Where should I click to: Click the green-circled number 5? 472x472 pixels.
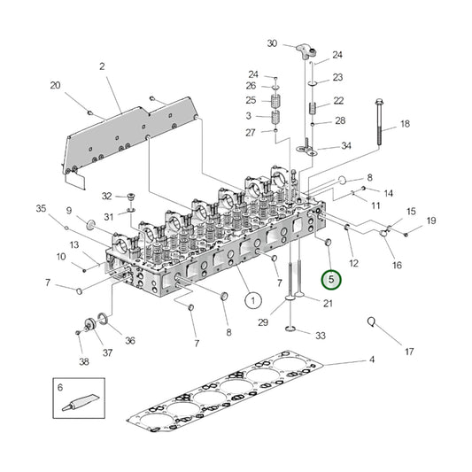pyautogui.click(x=331, y=280)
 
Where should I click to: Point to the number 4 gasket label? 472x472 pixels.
pyautogui.click(x=372, y=360)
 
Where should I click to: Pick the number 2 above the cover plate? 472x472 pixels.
pyautogui.click(x=102, y=66)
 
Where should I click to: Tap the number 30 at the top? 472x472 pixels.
pyautogui.click(x=272, y=43)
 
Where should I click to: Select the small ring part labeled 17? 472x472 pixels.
pyautogui.click(x=373, y=323)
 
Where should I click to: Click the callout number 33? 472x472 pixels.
pyautogui.click(x=320, y=336)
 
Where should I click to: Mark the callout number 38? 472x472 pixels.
pyautogui.click(x=84, y=361)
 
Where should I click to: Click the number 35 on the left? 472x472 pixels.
pyautogui.click(x=40, y=209)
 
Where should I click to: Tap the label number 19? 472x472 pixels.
pyautogui.click(x=431, y=221)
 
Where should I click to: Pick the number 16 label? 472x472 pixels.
pyautogui.click(x=397, y=265)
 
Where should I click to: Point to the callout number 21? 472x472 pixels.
pyautogui.click(x=328, y=305)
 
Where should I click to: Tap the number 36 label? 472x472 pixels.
pyautogui.click(x=130, y=341)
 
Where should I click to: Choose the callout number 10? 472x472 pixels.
pyautogui.click(x=61, y=257)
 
